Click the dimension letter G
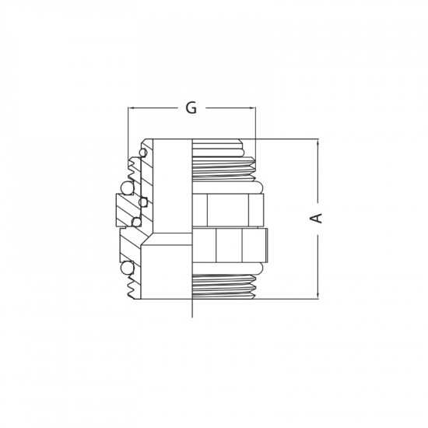tap(191, 109)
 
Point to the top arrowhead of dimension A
tap(317, 143)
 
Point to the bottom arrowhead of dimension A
tap(317, 294)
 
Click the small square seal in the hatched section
tap(142, 203)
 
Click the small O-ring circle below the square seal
tap(137, 223)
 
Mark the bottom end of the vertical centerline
tap(191, 315)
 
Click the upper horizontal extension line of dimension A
tap(288, 140)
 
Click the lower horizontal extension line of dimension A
tap(288, 297)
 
